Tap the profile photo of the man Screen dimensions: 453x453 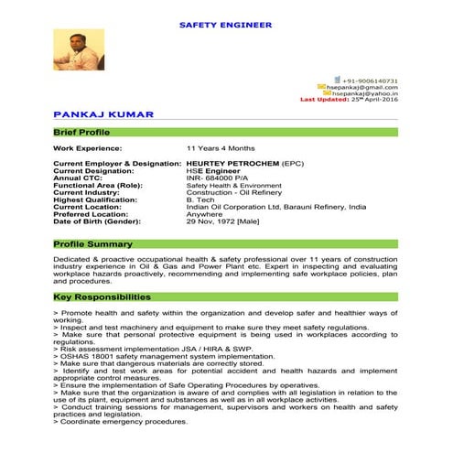coord(72,50)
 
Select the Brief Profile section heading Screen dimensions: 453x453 coord(81,133)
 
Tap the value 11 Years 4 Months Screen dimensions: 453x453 coord(221,147)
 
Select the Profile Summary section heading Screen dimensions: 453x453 coord(92,244)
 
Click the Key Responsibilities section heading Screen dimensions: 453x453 coord(102,297)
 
